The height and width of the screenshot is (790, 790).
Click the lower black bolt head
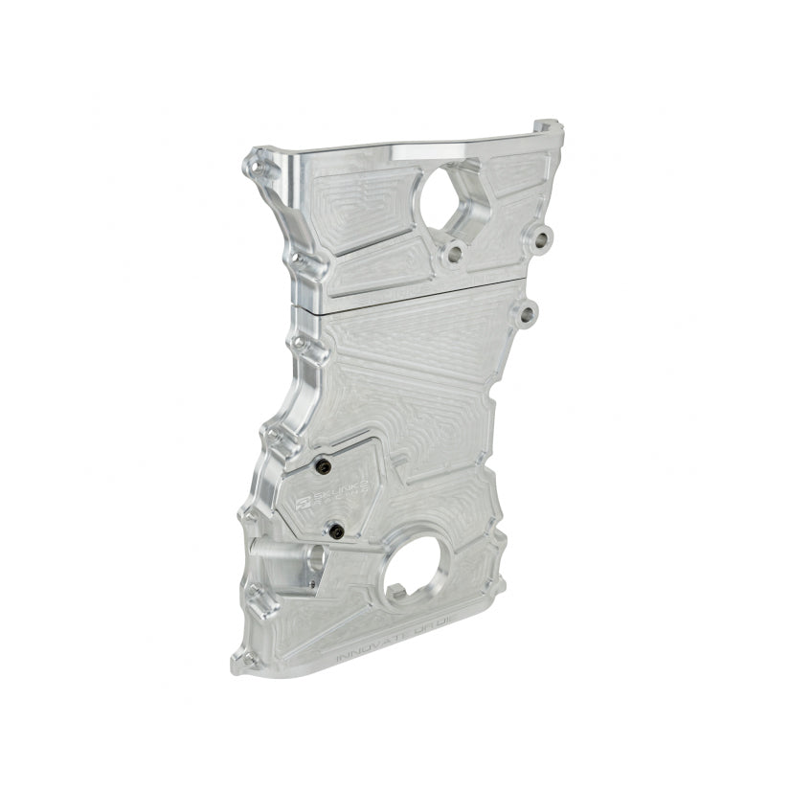tap(336, 529)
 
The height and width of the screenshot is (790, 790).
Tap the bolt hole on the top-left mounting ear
tap(258, 156)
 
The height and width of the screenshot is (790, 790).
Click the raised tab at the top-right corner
tap(544, 127)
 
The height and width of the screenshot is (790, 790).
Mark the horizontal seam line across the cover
tap(421, 290)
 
